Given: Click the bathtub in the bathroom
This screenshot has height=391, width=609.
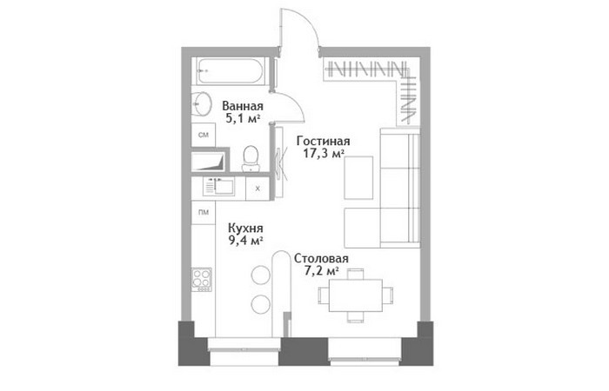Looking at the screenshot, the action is coord(231,71).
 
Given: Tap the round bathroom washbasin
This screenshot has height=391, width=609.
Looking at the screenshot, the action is coord(202,103).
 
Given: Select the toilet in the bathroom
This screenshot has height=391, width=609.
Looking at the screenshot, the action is coord(251,159).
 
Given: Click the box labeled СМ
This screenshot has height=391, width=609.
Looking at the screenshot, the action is coord(204,135).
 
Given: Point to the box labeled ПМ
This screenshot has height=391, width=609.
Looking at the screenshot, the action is coord(204,212).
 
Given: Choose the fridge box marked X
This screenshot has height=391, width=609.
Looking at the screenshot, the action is coord(258,189).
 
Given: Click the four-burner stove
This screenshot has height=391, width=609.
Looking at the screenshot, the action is coord(202,279).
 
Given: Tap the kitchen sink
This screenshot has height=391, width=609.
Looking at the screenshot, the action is coord(219,187).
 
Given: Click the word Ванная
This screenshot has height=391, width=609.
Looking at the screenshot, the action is coord(243,106).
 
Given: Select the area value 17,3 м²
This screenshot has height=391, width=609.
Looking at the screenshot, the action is coord(324,153).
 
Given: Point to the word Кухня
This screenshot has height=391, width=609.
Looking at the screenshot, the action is coord(245,228).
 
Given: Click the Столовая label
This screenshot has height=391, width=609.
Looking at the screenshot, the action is coord(321,258).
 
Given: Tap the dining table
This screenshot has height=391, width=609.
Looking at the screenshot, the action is coord(355,295).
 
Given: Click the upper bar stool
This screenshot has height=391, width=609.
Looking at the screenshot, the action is coord(261,275).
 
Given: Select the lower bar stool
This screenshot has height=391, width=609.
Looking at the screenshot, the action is coord(261,304).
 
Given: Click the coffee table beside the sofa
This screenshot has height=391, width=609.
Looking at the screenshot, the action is coord(358,177).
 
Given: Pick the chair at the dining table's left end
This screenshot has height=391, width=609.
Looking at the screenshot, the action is coord(324,295).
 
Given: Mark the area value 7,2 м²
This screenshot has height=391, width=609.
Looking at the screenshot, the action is coord(321,271).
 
